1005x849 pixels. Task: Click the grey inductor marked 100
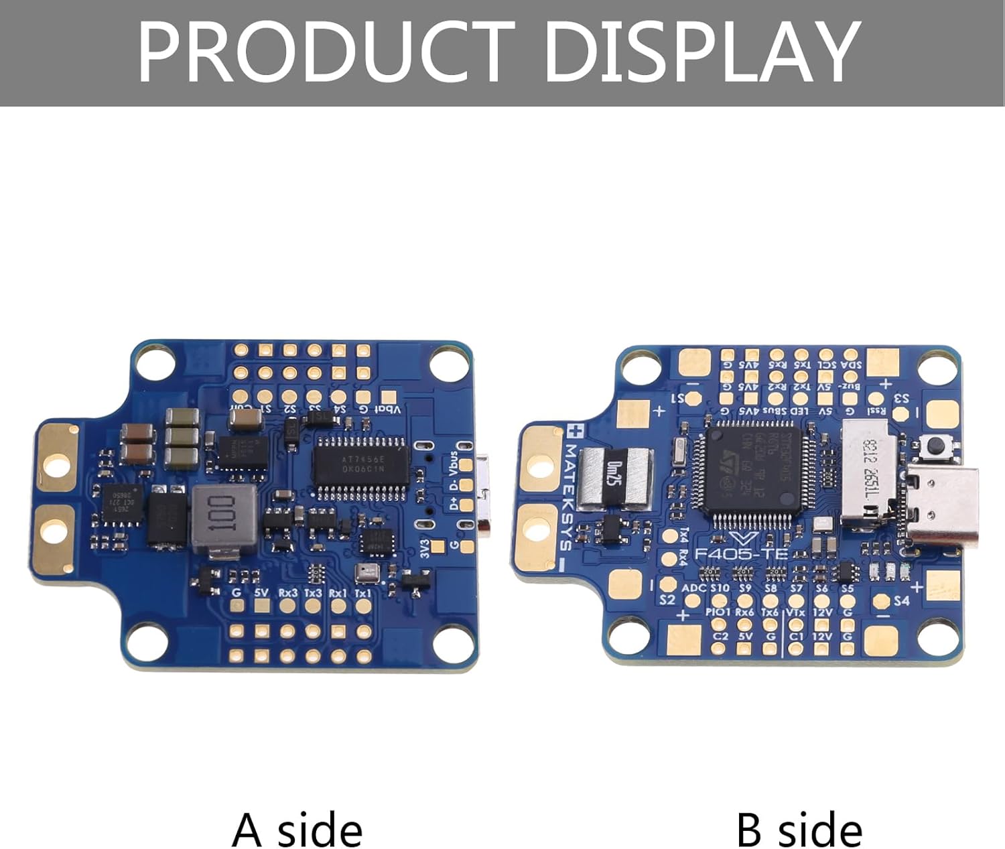coord(224,518)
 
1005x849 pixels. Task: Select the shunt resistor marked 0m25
coord(614,476)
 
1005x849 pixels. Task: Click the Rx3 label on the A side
coord(287,593)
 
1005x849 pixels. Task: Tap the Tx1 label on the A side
coord(362,593)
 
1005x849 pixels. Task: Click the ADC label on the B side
coord(693,588)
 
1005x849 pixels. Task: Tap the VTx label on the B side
coord(795,612)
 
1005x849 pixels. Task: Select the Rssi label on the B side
coord(876,411)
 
